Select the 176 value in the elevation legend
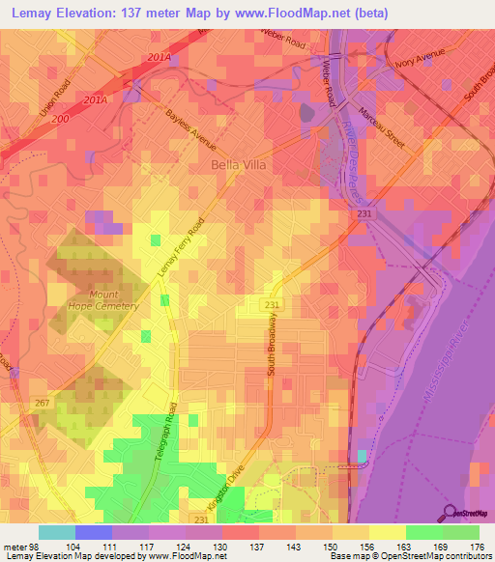pyautogui.click(x=480, y=546)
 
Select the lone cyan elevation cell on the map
pyautogui.click(x=362, y=457)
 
